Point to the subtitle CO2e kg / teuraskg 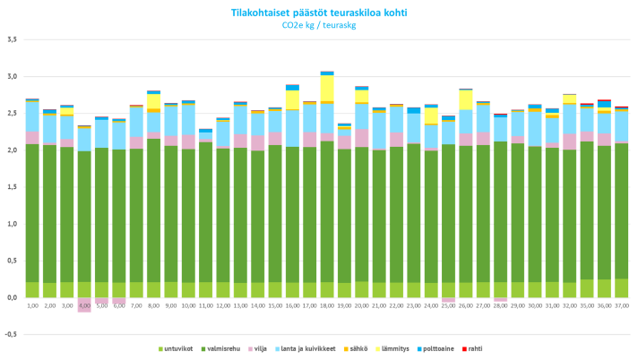[x=319, y=25]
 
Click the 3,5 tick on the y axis [x=12, y=39]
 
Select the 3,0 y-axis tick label [x=12, y=77]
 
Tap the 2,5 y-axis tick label [x=12, y=114]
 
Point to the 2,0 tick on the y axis [x=12, y=150]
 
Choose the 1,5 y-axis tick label [x=12, y=187]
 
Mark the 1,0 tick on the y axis [x=12, y=224]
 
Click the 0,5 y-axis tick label [x=12, y=261]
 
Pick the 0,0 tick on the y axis [x=12, y=297]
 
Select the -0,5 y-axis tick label [x=12, y=334]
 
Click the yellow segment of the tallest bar [x=327, y=89]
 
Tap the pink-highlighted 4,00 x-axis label [x=84, y=305]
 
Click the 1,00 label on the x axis [x=32, y=305]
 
